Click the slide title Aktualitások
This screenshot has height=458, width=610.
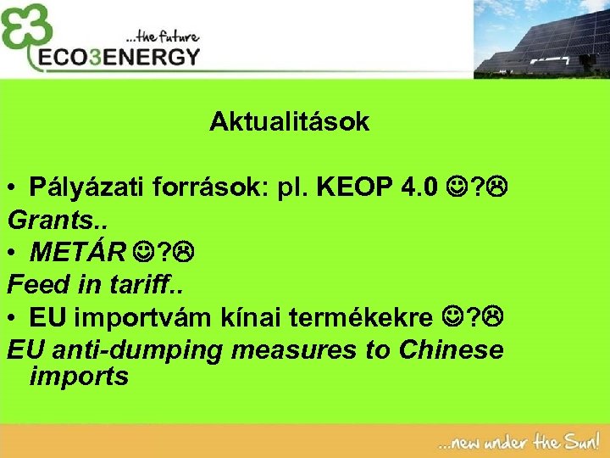point(290,122)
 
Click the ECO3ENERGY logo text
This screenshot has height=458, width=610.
point(119,58)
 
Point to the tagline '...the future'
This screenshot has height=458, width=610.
point(163,36)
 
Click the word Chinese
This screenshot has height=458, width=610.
point(451,349)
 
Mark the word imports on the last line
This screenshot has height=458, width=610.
point(79,376)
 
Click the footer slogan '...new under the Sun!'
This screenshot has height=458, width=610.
point(517,442)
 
